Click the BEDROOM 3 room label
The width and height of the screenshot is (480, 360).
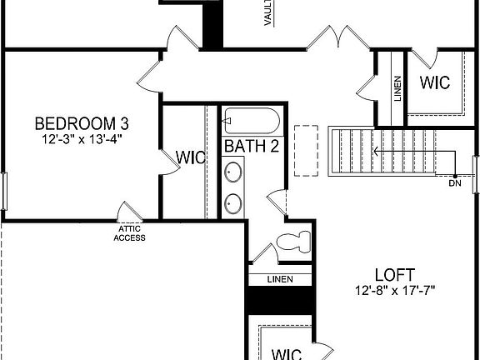tap(82, 124)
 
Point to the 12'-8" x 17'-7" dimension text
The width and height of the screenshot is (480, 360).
tap(394, 290)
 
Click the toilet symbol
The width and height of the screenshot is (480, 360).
tap(292, 242)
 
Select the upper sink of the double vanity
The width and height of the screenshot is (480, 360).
tap(234, 173)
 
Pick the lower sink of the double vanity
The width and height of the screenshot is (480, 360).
tap(234, 202)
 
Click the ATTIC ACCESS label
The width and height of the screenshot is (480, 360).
tap(129, 233)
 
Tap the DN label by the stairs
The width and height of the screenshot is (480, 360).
tap(454, 182)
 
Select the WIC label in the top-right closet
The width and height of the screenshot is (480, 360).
tap(434, 83)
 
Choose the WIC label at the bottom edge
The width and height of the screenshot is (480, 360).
tap(287, 353)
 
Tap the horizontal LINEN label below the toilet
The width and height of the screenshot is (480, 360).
tap(279, 279)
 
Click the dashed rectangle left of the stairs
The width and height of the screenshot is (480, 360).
tap(307, 151)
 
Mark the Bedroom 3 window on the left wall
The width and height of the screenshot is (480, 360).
tap(3, 192)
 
